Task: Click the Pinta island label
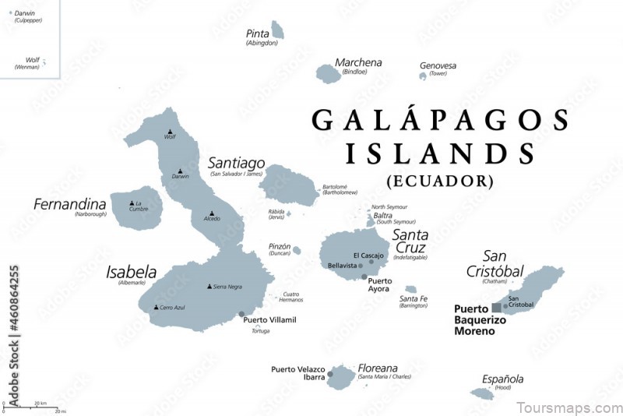pos(257,33)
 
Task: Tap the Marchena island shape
pos(328,73)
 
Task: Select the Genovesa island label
pos(438,66)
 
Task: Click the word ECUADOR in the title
pos(439,181)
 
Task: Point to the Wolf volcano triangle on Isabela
pos(170,132)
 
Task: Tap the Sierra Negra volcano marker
pos(209,286)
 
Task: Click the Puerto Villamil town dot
pos(238,316)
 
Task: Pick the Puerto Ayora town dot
pos(364,277)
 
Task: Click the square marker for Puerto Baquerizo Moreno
pos(496,308)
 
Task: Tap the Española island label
pos(502,379)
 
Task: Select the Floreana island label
pos(378,368)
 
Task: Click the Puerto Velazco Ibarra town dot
pos(330,375)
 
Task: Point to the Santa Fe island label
pos(413,298)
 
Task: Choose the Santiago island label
pos(236,163)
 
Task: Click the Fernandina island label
pos(69,204)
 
